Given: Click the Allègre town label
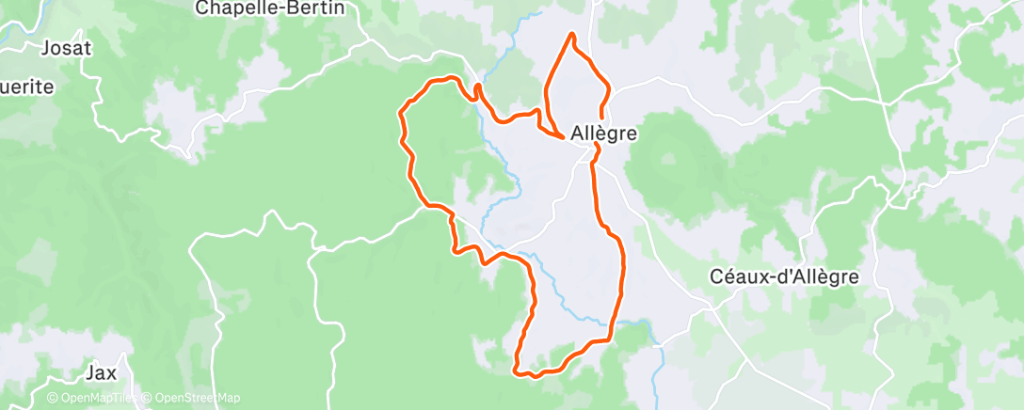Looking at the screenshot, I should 603,134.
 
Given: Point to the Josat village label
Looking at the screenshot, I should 66,47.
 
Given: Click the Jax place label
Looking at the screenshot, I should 101,372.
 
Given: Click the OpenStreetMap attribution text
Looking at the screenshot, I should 194,398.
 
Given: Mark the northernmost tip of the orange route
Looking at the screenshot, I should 571,35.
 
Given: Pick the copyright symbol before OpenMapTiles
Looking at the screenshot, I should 53,398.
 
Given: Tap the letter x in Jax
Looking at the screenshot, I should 112,373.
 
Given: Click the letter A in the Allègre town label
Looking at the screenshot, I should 577,134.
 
